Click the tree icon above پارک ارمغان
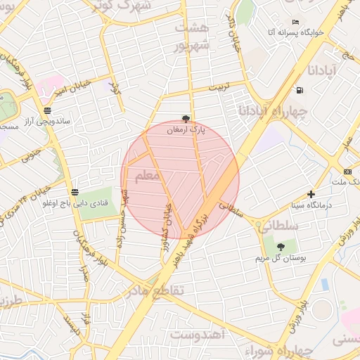(x=186, y=119)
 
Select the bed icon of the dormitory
(x=295, y=22)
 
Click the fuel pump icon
(x=301, y=90)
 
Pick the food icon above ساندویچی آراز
(x=47, y=110)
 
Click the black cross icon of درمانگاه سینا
(x=311, y=194)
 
